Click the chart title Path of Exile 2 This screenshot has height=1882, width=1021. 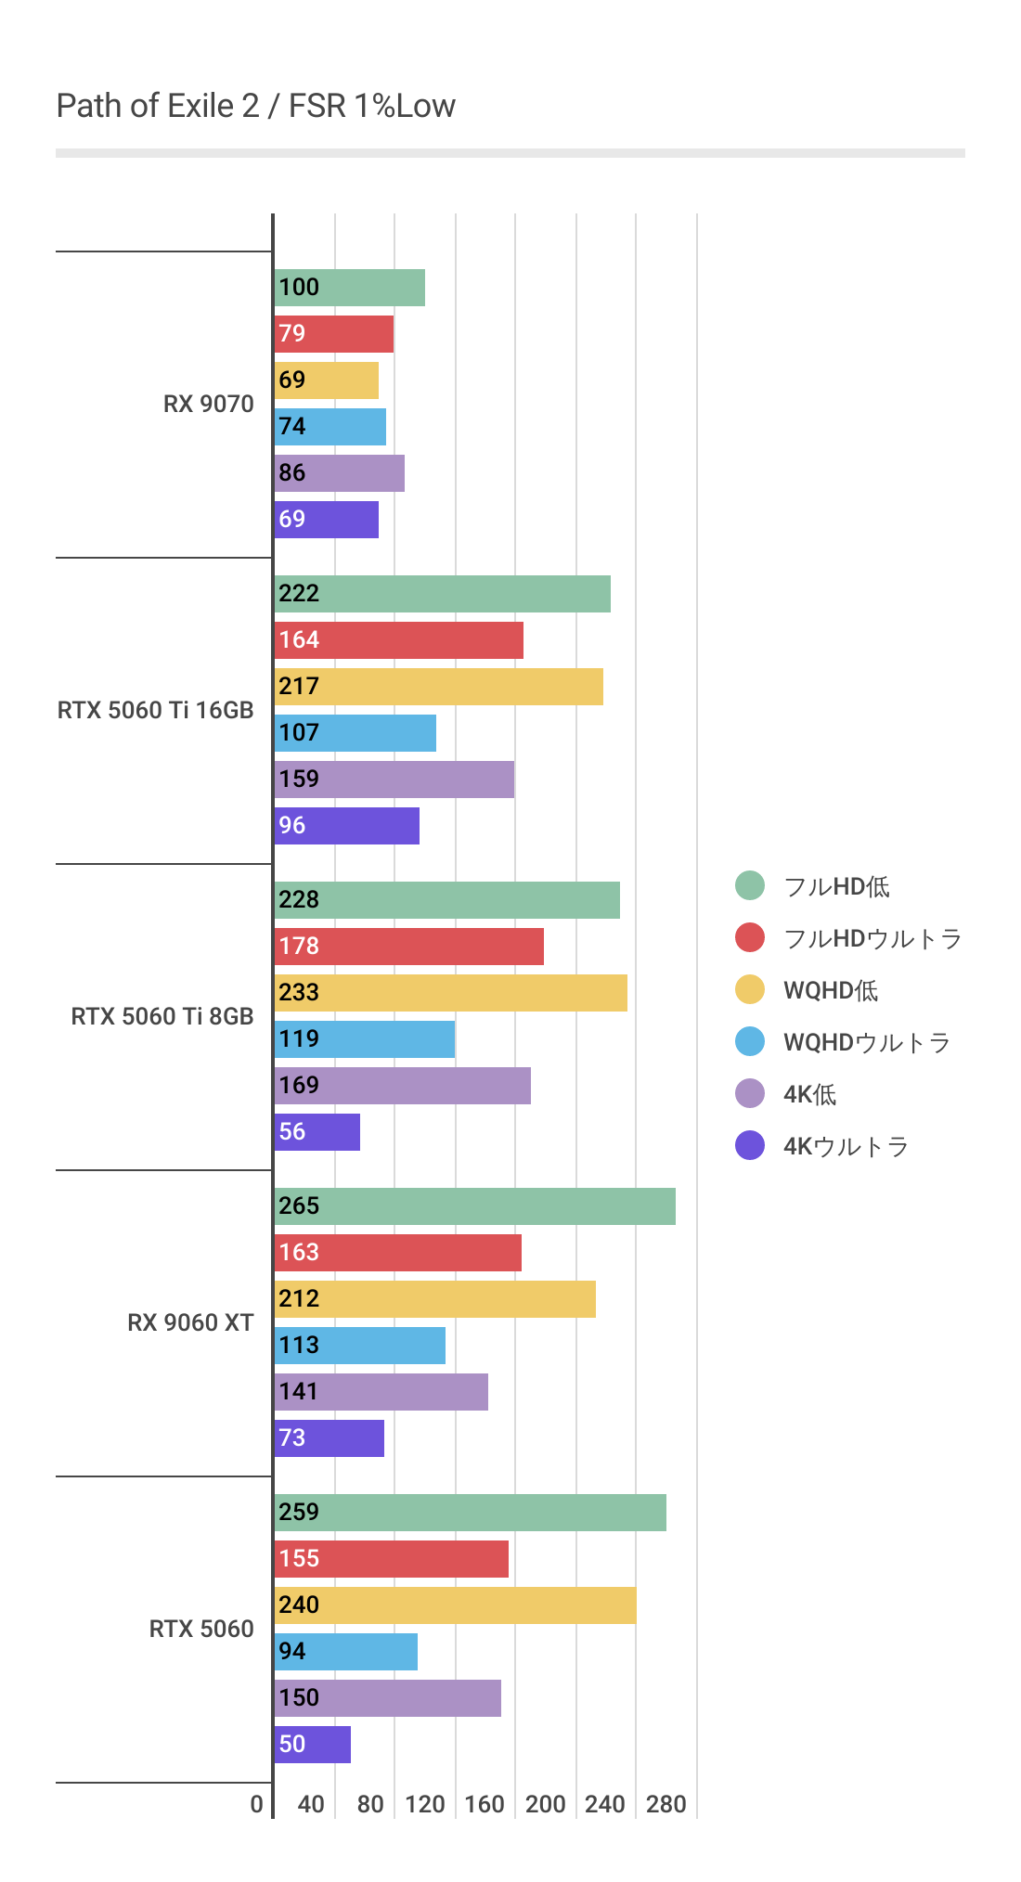255,106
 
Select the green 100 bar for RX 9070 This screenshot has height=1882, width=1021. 350,288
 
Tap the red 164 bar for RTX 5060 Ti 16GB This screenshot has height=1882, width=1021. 399,640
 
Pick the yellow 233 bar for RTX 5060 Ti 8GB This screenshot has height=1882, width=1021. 451,993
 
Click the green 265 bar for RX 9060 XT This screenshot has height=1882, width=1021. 475,1206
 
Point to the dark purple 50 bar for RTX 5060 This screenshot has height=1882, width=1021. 313,1745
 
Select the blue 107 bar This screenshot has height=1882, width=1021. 355,733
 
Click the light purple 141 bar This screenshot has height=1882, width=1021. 381,1392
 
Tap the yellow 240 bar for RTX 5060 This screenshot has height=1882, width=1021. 456,1605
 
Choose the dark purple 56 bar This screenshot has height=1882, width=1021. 317,1132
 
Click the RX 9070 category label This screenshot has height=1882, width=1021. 208,404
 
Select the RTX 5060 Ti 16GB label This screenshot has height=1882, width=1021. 155,710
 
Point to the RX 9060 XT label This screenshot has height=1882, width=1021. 190,1322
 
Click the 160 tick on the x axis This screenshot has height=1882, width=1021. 485,1804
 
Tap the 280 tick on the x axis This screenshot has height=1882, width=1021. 666,1804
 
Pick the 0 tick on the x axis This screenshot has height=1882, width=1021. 257,1804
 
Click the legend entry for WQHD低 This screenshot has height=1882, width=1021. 831,990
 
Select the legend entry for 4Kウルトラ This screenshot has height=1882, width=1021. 846,1146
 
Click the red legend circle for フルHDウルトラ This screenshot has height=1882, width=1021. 750,938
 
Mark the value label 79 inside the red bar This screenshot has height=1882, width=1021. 292,333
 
